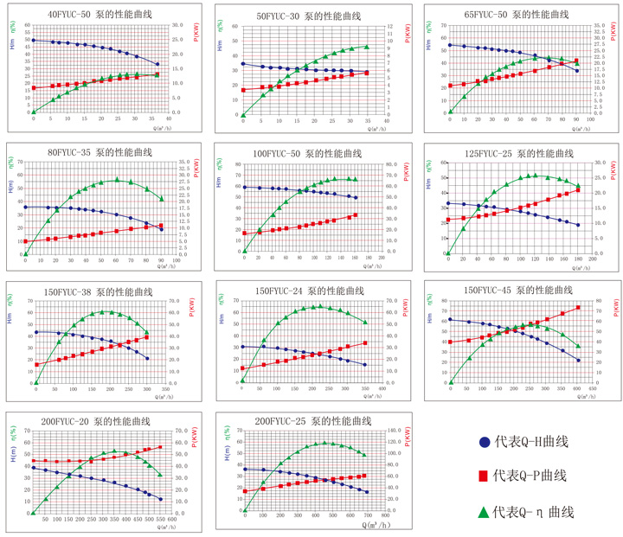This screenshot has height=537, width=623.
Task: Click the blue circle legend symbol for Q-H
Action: (485, 443)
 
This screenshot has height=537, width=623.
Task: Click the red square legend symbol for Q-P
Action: (485, 476)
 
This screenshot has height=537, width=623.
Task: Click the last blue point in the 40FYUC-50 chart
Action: (157, 64)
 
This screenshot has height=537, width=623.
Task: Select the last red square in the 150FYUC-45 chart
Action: (578, 308)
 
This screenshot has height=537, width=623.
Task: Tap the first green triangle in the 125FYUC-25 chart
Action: (448, 255)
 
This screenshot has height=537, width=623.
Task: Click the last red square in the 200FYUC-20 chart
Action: (160, 447)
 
